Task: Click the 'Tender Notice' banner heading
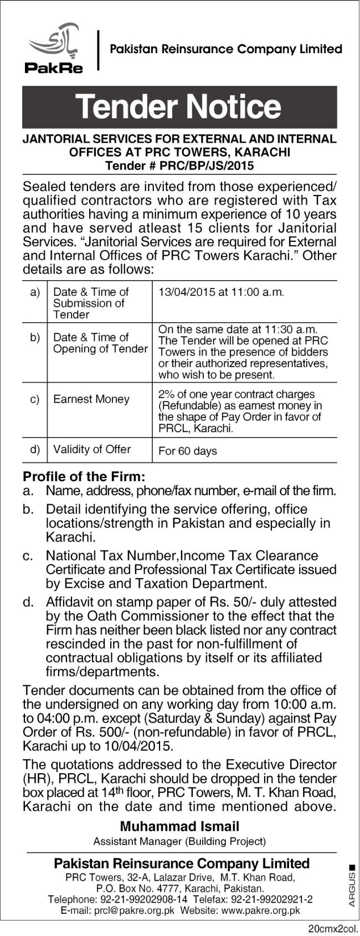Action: tap(179, 107)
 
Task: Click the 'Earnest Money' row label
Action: tap(91, 399)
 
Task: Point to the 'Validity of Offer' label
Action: tap(91, 449)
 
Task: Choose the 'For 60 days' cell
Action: tap(187, 451)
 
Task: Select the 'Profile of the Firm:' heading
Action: tap(84, 476)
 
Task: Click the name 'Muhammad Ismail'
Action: tap(179, 827)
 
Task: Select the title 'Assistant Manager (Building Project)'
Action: tap(179, 841)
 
